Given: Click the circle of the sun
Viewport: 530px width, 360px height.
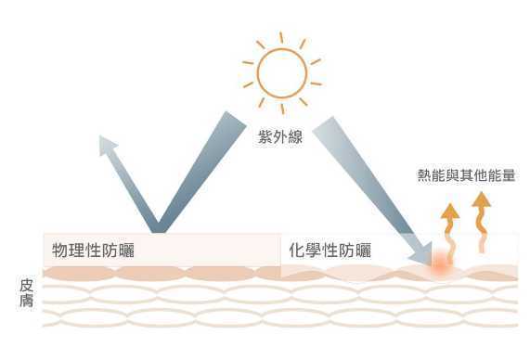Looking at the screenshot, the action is (x=281, y=68).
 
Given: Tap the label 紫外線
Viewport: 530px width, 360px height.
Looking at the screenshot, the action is (x=280, y=139).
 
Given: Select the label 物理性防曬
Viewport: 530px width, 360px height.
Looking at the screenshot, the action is (x=97, y=251).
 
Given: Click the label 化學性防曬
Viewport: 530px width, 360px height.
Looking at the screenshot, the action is (x=330, y=251).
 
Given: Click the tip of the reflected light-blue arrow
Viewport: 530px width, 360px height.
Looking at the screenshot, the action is (x=104, y=140).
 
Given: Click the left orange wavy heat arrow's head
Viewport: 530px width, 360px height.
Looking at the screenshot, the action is (x=449, y=209).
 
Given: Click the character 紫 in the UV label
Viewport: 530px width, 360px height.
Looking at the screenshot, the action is (x=265, y=139).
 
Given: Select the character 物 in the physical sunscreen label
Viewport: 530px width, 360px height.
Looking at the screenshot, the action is (x=60, y=251).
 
